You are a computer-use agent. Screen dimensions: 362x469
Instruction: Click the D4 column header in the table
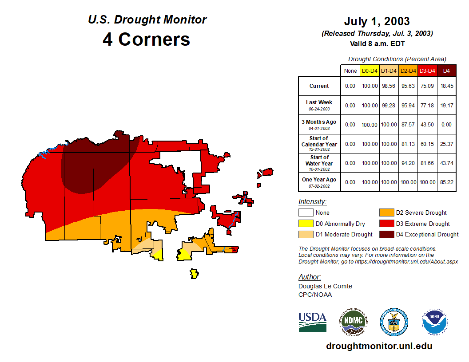click(x=446, y=71)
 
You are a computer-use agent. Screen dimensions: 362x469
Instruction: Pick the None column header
click(x=350, y=71)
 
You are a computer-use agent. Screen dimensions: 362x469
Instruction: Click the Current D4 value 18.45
click(x=446, y=86)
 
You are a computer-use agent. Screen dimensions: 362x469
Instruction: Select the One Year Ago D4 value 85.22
click(x=446, y=182)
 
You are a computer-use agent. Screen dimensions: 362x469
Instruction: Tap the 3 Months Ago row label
click(x=319, y=122)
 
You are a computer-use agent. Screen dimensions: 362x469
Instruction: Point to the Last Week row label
click(x=319, y=102)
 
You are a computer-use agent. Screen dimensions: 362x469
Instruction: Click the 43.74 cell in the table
click(x=446, y=163)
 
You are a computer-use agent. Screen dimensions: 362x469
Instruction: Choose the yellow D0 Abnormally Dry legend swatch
click(x=306, y=224)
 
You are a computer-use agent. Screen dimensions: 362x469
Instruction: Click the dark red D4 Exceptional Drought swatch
click(x=386, y=234)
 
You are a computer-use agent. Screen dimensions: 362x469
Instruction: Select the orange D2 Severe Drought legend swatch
click(x=386, y=213)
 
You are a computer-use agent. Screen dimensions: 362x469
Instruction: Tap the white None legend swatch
click(x=306, y=213)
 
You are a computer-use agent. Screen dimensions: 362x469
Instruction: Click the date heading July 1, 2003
click(x=377, y=21)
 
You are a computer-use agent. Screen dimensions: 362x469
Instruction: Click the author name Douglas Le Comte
click(x=325, y=286)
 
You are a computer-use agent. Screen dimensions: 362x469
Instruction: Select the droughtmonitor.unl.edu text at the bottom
click(x=379, y=346)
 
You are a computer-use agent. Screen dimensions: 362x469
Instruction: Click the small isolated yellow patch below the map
click(x=194, y=273)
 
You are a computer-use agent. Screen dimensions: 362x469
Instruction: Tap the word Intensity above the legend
click(x=312, y=202)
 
